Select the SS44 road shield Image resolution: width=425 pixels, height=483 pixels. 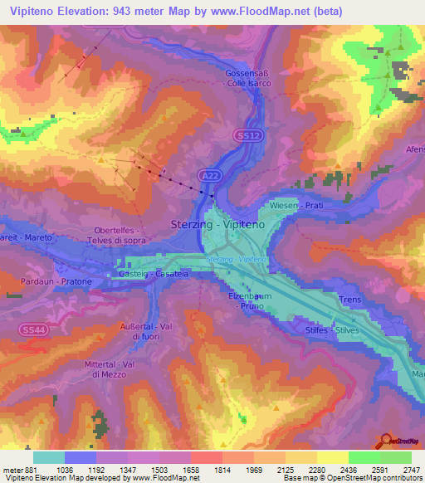pos(29,330)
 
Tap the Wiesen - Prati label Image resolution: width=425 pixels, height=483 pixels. pos(296,204)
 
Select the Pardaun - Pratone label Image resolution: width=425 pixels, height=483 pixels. pos(51,282)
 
